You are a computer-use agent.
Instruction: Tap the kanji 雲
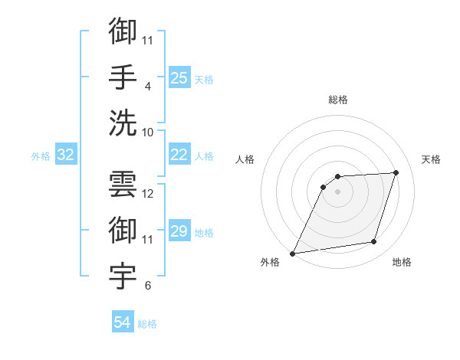123,184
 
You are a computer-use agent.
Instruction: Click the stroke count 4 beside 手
147,86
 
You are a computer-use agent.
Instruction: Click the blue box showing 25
179,77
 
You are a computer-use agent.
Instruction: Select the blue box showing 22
179,155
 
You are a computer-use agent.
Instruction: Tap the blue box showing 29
179,231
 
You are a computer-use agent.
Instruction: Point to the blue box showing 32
66,155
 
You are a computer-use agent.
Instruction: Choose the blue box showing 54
122,322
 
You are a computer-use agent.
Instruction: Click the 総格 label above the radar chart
337,100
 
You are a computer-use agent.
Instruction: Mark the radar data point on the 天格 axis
396,172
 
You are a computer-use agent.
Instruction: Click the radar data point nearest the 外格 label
292,253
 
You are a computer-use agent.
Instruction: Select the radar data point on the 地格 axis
374,242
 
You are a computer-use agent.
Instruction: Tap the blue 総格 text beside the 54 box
147,324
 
